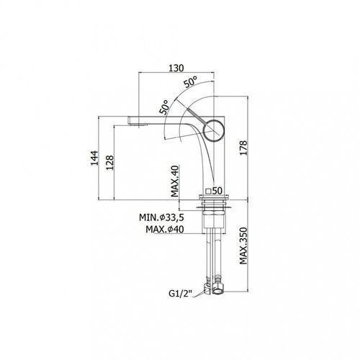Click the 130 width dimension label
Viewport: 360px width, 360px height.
[176, 68]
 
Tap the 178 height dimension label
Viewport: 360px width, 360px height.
[243, 148]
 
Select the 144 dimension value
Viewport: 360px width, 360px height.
[94, 158]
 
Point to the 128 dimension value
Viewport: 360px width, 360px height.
[109, 163]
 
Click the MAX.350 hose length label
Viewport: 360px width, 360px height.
[243, 246]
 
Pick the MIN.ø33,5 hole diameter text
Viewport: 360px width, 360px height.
[161, 217]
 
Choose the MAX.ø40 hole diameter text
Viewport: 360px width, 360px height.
[165, 230]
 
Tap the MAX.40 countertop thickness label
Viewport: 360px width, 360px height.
[175, 181]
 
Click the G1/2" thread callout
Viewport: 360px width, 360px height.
[181, 293]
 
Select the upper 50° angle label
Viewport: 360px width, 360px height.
[191, 81]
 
